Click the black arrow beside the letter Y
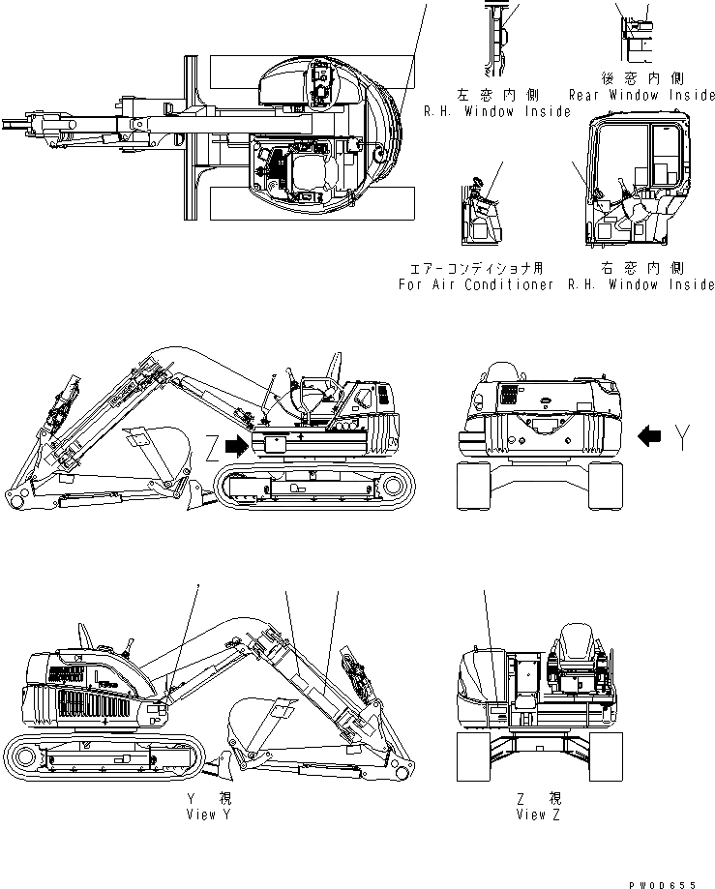(x=651, y=438)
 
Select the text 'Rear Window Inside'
(x=641, y=96)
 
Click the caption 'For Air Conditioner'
(x=475, y=284)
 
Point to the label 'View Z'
(x=538, y=815)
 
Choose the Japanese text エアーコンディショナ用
(x=475, y=268)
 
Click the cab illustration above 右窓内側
(x=639, y=184)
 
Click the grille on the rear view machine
(x=506, y=397)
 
